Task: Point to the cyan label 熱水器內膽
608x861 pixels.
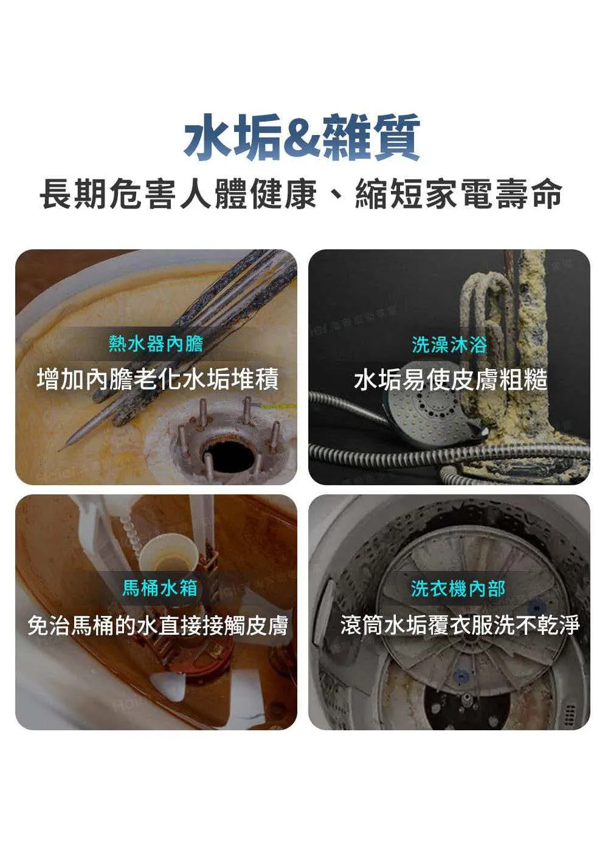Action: coord(156,344)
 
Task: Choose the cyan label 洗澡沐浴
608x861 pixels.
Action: coord(449,344)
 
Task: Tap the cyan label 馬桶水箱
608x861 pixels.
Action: coord(159,588)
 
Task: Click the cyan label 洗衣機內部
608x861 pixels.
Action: coord(458,588)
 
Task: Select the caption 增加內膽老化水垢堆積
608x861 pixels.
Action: coord(157,379)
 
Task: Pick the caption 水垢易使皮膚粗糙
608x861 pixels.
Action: coord(451,380)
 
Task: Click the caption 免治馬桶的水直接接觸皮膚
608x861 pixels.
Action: coord(158,625)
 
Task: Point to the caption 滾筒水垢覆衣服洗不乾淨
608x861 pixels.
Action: coord(460,625)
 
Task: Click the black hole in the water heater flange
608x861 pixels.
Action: coord(228,456)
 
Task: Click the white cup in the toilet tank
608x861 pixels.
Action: coord(169,552)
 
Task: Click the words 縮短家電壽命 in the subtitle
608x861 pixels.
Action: coord(459,195)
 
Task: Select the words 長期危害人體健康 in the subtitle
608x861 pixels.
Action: coord(178,195)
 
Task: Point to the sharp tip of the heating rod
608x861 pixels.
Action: coord(59,450)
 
